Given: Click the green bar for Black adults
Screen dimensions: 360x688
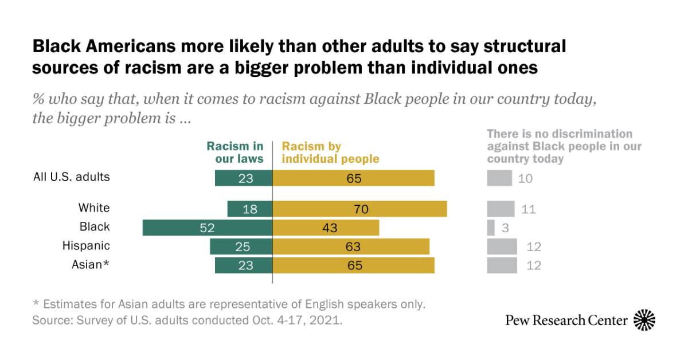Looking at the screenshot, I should (207, 228).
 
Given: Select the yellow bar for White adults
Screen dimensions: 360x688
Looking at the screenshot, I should (359, 209).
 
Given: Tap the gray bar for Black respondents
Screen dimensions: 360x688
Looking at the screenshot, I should (491, 228).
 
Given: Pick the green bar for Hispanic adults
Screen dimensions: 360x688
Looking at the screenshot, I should (241, 246).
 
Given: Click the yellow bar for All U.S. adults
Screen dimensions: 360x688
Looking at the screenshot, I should (353, 178).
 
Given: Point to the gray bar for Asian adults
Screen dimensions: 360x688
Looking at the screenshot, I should (502, 265).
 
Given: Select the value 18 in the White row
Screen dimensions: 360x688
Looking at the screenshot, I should (250, 209).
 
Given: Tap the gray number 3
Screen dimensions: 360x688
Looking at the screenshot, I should (505, 228).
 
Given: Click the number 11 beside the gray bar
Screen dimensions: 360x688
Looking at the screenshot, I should (529, 209).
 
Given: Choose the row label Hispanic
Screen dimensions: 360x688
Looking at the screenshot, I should (86, 246).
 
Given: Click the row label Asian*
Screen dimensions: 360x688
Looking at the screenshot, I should (90, 265).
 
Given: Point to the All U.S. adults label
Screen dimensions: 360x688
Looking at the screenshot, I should (72, 177).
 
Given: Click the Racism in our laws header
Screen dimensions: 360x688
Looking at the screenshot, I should (235, 152).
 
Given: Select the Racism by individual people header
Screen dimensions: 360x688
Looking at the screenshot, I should (330, 152).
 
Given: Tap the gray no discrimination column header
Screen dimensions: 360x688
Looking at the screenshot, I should (564, 146).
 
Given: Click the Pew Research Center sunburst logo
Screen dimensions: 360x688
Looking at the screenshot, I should (644, 320).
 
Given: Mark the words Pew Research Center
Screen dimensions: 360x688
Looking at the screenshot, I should (566, 320).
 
